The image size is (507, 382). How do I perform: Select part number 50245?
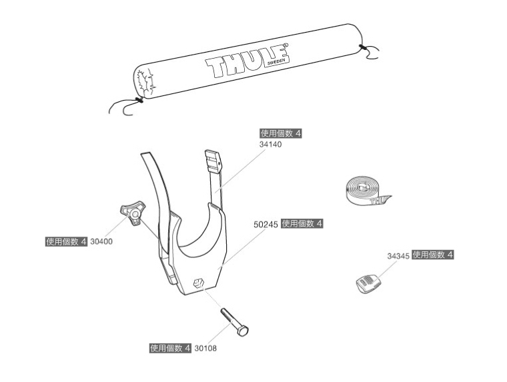point(266,225)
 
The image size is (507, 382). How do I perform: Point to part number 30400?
point(101,241)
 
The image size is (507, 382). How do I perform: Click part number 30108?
point(205,348)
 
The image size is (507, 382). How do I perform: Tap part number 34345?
point(398,255)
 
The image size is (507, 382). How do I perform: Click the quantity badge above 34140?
point(281,134)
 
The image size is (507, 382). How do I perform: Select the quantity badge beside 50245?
point(302,224)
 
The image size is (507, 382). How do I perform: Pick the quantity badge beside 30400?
point(66,241)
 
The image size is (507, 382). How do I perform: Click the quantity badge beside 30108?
point(170,348)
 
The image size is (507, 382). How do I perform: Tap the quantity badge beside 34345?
point(433,255)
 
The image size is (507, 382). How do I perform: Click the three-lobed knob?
point(131,213)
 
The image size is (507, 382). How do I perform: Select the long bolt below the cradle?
point(233,321)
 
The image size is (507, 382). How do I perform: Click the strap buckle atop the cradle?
point(212,160)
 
